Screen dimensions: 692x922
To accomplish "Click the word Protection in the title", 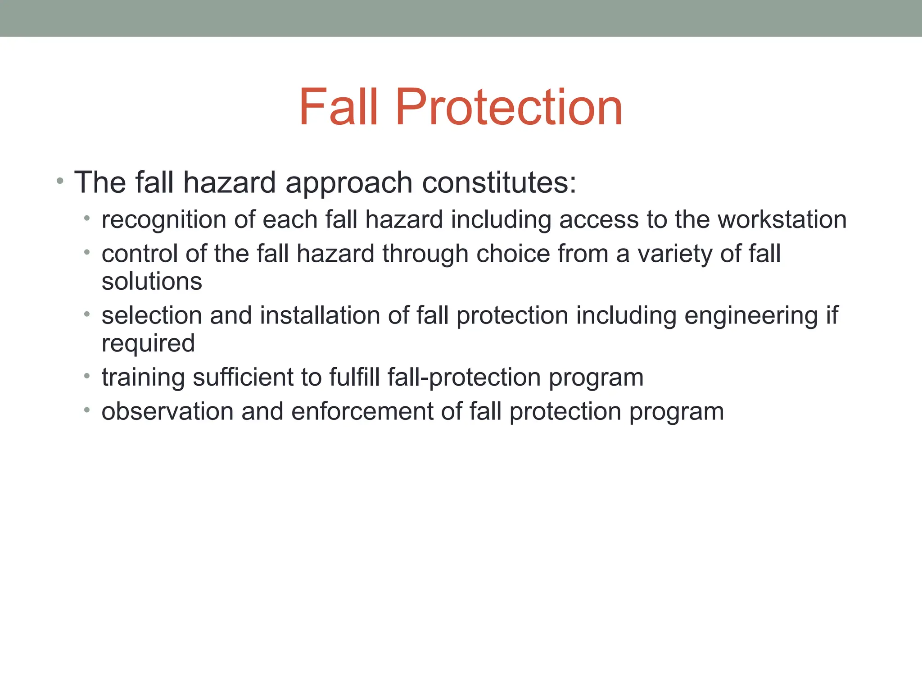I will click(509, 107).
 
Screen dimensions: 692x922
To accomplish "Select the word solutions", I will click(152, 282).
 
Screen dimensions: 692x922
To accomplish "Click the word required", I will click(148, 344).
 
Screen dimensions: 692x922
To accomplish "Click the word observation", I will click(167, 411).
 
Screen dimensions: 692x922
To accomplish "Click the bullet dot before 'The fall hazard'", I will click(60, 182).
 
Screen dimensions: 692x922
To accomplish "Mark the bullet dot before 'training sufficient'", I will click(87, 376).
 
